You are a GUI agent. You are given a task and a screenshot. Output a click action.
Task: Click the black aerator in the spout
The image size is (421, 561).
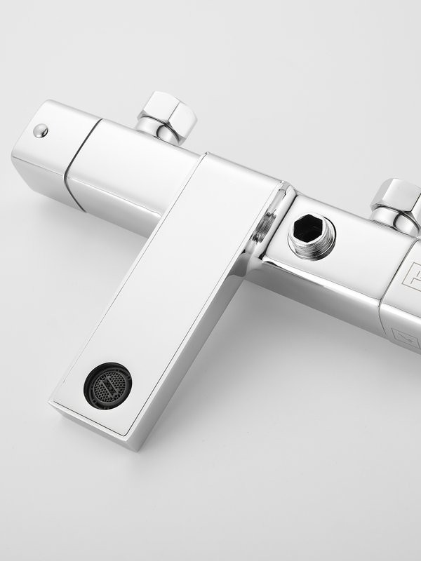click(x=107, y=386)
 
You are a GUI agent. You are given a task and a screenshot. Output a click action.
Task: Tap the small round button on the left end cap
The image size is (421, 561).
click(x=41, y=130)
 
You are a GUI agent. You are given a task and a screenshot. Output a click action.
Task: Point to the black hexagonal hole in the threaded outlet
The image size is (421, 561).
click(x=309, y=229)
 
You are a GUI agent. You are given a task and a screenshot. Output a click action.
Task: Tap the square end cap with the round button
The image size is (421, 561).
click(x=53, y=151)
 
